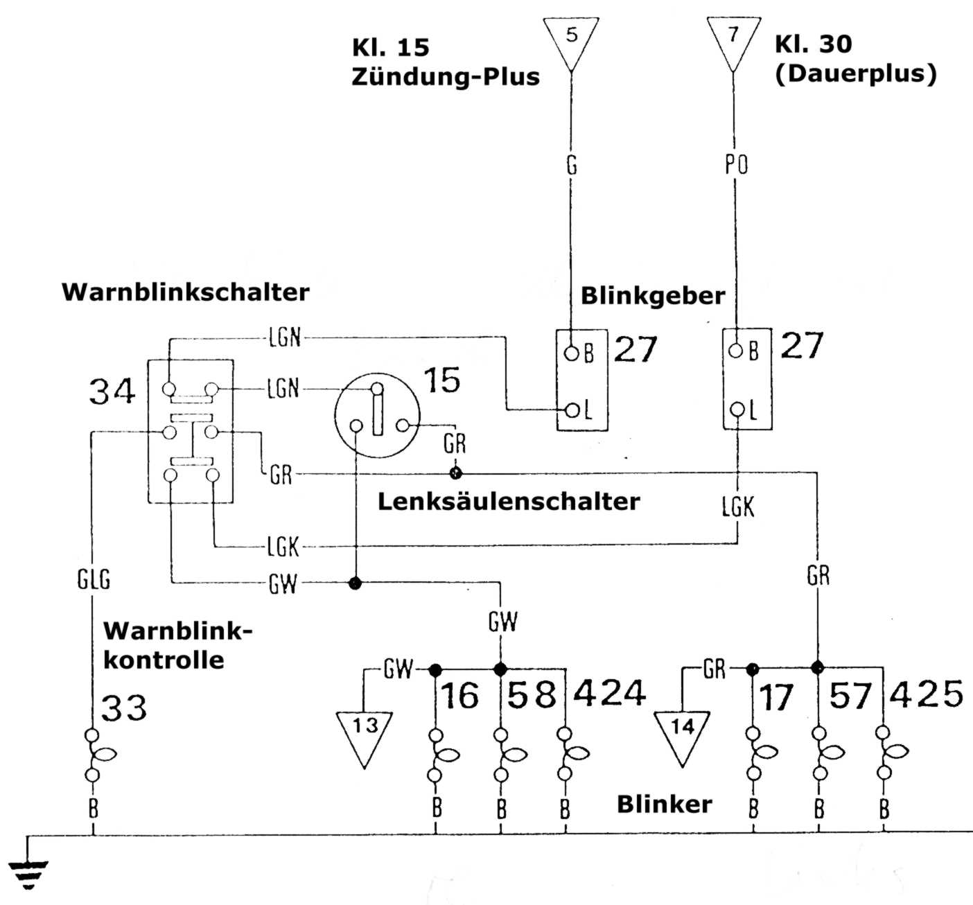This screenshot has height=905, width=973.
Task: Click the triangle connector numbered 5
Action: pyautogui.click(x=571, y=40)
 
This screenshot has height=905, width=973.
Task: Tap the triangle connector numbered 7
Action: pyautogui.click(x=733, y=39)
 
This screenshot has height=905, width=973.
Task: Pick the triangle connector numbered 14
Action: pyautogui.click(x=683, y=733)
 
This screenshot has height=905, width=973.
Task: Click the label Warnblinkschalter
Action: pyautogui.click(x=185, y=292)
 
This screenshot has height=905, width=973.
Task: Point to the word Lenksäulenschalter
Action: pyautogui.click(x=508, y=501)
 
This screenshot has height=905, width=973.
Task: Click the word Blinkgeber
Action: pyautogui.click(x=652, y=296)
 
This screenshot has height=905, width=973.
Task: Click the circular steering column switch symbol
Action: pyautogui.click(x=377, y=415)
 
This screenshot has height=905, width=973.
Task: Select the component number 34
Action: pyautogui.click(x=112, y=392)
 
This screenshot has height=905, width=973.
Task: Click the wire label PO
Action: pyautogui.click(x=736, y=165)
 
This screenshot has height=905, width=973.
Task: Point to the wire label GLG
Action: pyautogui.click(x=94, y=579)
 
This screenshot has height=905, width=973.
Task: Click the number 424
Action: pyautogui.click(x=610, y=693)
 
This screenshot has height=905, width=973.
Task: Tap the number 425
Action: pyautogui.click(x=927, y=694)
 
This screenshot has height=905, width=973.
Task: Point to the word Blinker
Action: pyautogui.click(x=664, y=805)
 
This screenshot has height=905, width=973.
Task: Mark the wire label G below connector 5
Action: pyautogui.click(x=571, y=165)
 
